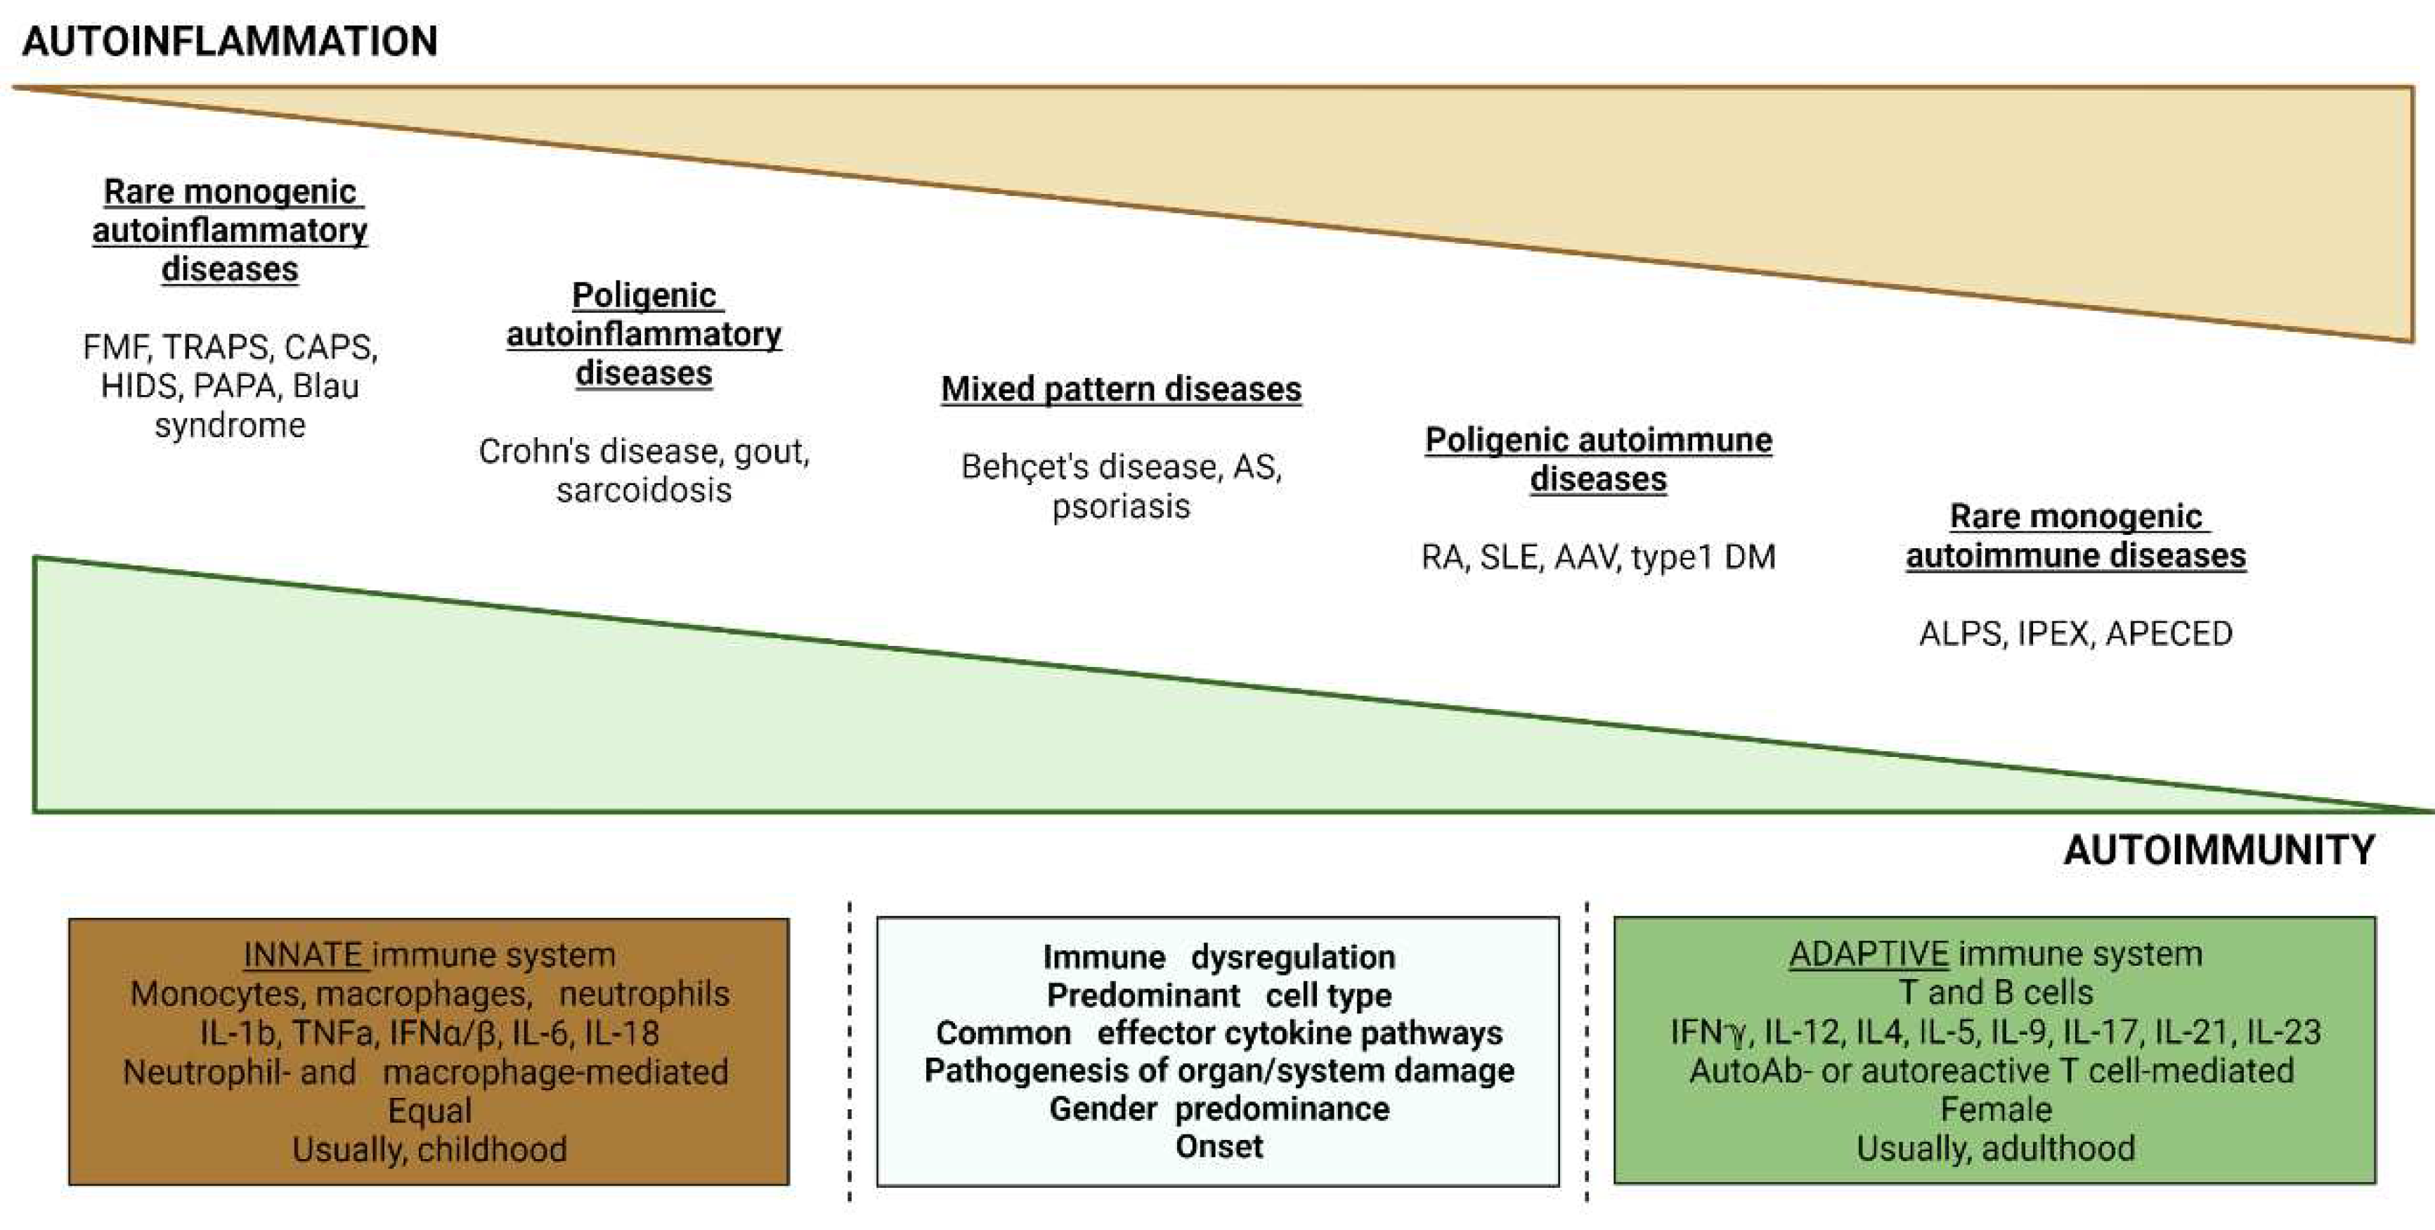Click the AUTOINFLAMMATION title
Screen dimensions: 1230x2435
click(230, 41)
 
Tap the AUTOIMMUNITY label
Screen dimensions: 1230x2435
click(2219, 850)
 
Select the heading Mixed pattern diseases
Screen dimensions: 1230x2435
click(1121, 389)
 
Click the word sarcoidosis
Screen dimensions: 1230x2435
click(644, 491)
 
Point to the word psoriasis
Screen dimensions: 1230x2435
click(1121, 507)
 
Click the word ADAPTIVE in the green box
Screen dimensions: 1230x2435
click(1869, 954)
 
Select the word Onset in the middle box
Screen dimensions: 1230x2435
click(1219, 1147)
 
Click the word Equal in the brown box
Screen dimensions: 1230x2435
click(429, 1111)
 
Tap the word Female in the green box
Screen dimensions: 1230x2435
click(1996, 1109)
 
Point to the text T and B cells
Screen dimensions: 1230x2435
click(1996, 992)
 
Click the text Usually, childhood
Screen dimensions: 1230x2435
click(429, 1150)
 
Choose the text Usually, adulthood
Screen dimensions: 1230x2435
click(1996, 1148)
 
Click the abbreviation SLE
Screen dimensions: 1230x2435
click(1509, 558)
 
